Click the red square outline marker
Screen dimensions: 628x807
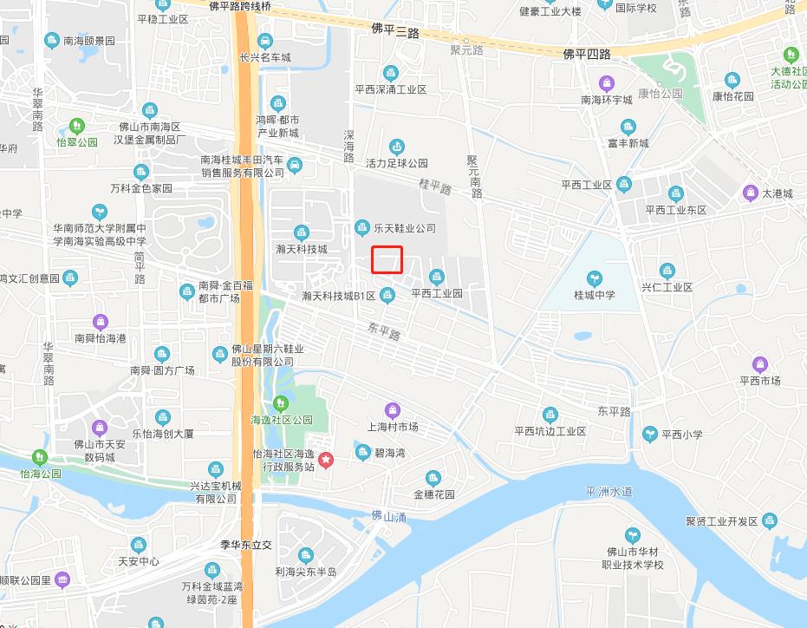[387, 259]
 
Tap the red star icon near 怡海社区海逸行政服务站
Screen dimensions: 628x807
[326, 460]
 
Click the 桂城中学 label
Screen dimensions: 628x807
[594, 295]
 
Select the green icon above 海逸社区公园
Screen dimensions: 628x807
[280, 403]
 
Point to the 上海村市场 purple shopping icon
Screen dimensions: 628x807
[393, 409]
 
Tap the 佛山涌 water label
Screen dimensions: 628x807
[389, 516]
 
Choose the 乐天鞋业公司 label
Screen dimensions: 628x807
[404, 228]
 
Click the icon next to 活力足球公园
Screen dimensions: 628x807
[397, 147]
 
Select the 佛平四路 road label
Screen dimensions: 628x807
[587, 54]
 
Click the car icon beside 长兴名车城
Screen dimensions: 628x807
[265, 40]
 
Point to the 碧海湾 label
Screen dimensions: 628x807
[390, 453]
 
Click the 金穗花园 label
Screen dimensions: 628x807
[433, 494]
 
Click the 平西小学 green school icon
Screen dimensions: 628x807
[649, 434]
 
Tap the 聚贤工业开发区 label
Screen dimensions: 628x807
[721, 521]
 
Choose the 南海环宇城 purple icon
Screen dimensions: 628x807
[607, 83]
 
